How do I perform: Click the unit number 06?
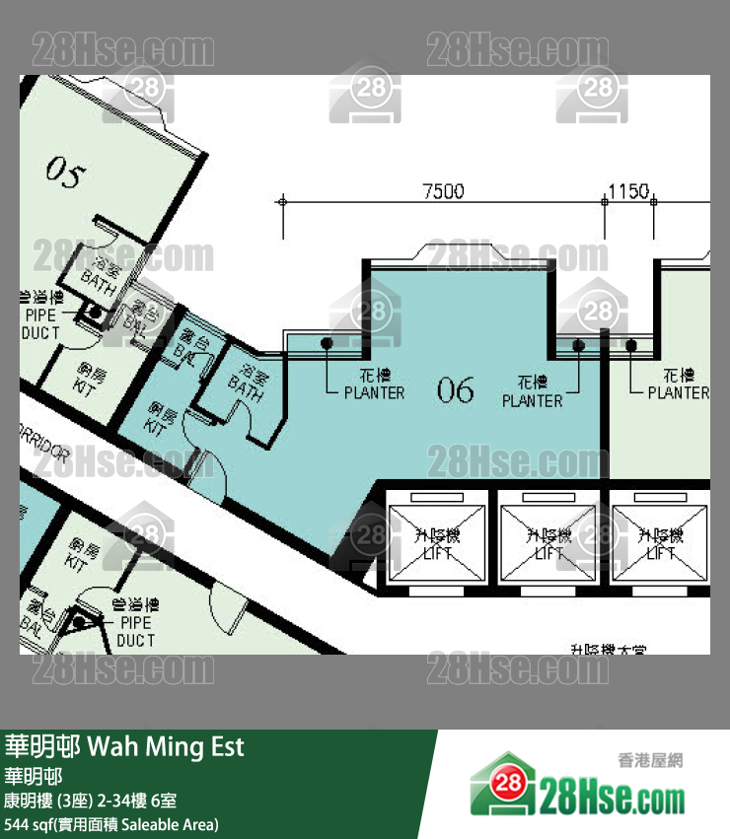pos(455,391)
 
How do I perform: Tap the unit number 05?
pos(65,175)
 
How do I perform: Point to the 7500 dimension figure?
pos(443,192)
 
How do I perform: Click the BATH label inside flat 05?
pos(99,273)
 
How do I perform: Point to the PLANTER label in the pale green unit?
pos(678,385)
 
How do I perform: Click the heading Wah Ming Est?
pos(166,746)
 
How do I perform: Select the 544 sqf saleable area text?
pos(111,824)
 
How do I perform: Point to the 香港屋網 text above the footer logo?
pos(650,760)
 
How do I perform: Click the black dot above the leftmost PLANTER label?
pos(327,344)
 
